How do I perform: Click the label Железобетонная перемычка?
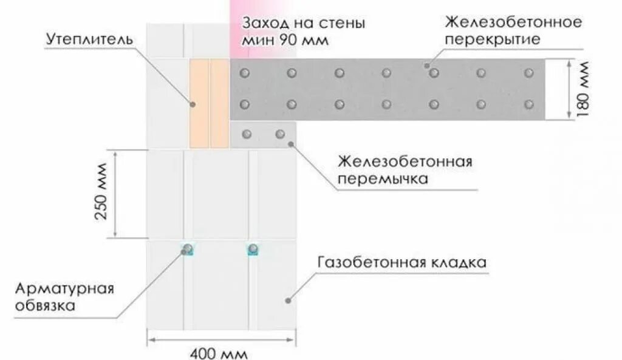pos(406,171)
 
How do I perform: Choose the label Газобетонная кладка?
pos(402,263)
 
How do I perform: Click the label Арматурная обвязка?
pos(64,296)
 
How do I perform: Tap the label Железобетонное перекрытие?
pos(513,31)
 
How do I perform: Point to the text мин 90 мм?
pos(285,41)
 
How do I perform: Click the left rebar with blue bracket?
pos(188,248)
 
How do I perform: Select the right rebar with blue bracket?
pos(253,248)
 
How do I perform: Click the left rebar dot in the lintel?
pos(246,134)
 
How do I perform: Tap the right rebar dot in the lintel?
pos(280,134)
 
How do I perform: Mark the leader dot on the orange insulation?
pos(193,104)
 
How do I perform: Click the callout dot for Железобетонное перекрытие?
pos(427,66)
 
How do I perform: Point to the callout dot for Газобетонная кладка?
pos(289,300)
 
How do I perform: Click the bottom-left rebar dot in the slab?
pos(245,104)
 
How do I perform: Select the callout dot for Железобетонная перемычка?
pos(292,144)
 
